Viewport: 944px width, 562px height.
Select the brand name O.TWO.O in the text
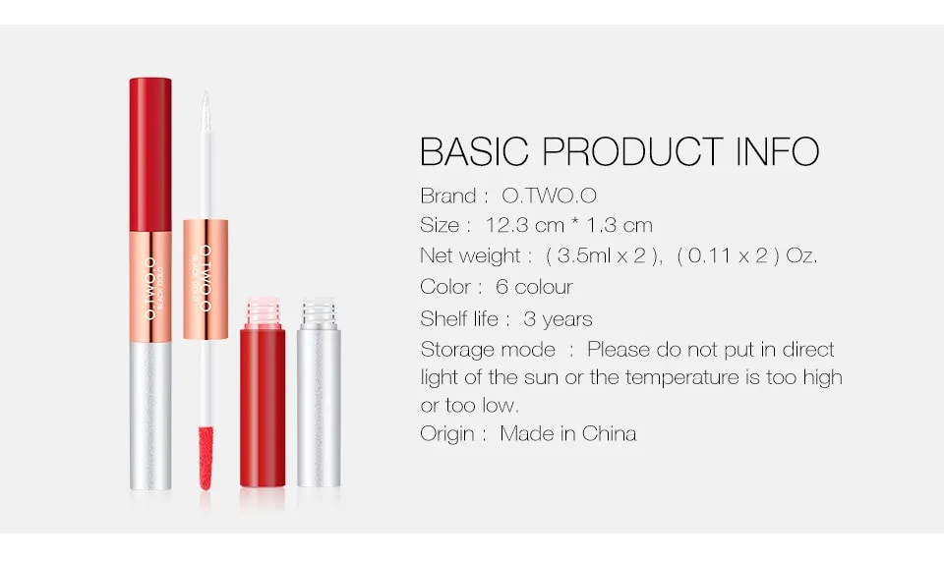[556, 195]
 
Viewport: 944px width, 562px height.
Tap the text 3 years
[558, 318]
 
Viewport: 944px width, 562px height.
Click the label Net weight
[469, 256]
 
